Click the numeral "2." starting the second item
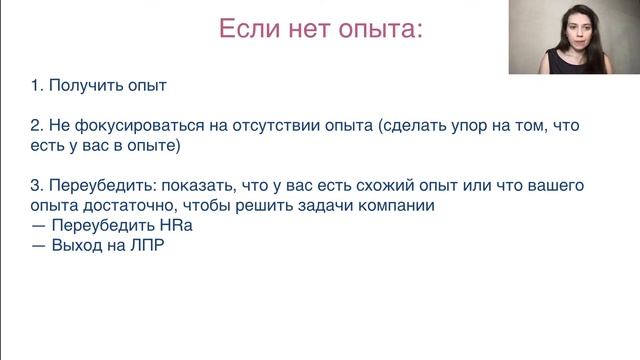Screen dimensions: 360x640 (x=37, y=129)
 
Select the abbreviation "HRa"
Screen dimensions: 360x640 (x=175, y=225)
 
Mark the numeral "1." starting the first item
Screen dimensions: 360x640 (x=37, y=86)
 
